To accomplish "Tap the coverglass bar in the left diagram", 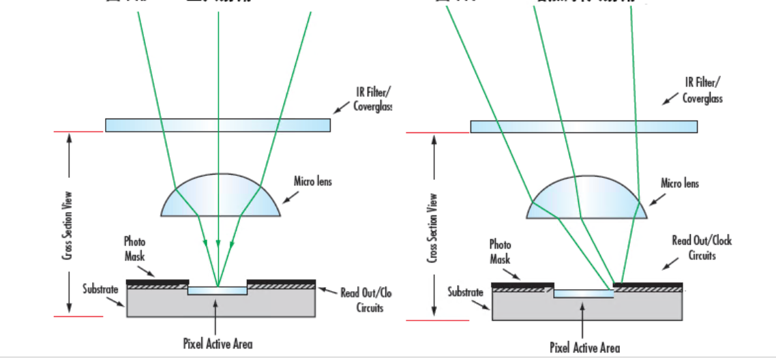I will pyautogui.click(x=218, y=125).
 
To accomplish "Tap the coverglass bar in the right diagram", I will pyautogui.click(x=584, y=126).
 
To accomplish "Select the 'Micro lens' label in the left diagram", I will pyautogui.click(x=312, y=182).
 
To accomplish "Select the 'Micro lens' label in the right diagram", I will pyautogui.click(x=680, y=184).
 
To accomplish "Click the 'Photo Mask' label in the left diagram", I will pyautogui.click(x=134, y=250).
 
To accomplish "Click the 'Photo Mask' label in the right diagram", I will pyautogui.click(x=500, y=252).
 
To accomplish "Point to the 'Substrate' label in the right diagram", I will pyautogui.click(x=465, y=292).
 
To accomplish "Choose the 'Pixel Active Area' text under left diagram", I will pyautogui.click(x=218, y=344).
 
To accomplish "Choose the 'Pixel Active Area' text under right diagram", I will pyautogui.click(x=584, y=348).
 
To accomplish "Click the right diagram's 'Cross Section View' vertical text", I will pyautogui.click(x=432, y=227).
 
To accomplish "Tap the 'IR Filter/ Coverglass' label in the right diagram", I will pyautogui.click(x=702, y=91).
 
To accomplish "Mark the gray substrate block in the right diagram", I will pyautogui.click(x=586, y=309).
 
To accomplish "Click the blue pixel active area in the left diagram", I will pyautogui.click(x=218, y=291).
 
